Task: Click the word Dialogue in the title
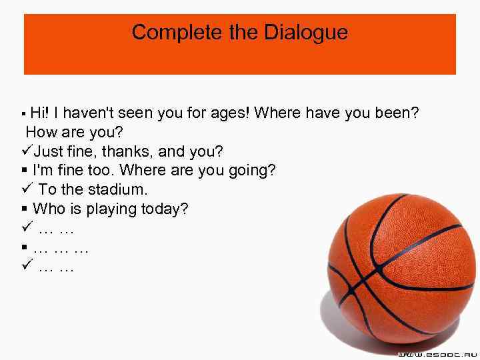(308, 33)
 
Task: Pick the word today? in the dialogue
(165, 209)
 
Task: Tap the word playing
(109, 209)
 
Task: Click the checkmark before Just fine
(27, 151)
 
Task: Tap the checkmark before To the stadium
(27, 189)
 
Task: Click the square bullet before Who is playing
(24, 209)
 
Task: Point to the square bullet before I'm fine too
(24, 171)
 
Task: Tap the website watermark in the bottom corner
(436, 353)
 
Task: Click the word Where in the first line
(278, 113)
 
